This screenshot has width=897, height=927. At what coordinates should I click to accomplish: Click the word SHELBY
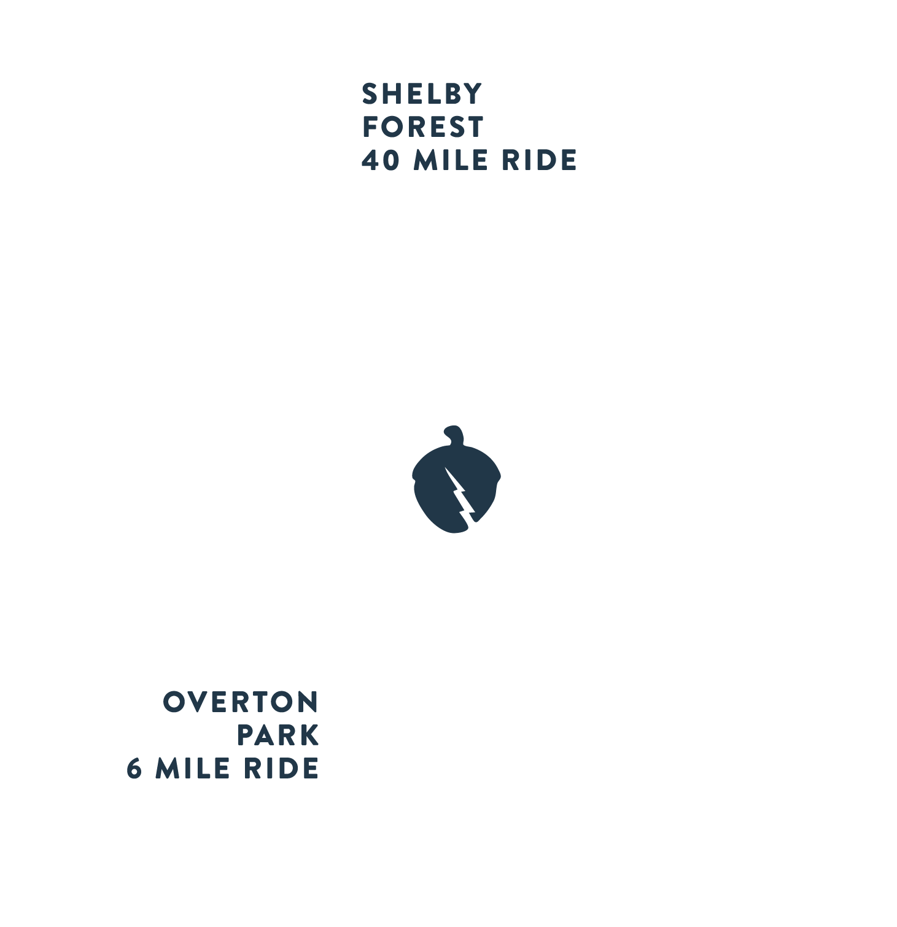point(422,94)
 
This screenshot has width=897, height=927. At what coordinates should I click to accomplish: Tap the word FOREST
point(422,127)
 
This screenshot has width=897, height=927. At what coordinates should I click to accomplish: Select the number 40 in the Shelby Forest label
point(380,160)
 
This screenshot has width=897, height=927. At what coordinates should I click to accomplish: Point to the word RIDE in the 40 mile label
point(540,160)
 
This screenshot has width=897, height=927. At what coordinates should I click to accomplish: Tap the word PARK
point(278,735)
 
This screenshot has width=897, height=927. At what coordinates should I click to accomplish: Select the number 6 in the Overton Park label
point(134,769)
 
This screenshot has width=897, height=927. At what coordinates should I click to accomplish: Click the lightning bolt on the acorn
point(459,494)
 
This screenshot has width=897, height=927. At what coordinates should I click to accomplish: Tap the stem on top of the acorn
point(452,435)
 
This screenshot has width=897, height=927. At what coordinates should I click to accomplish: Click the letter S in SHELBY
point(370,94)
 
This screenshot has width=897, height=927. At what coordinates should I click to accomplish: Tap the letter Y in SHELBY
point(472,94)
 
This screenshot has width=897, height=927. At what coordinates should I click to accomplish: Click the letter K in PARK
point(309,735)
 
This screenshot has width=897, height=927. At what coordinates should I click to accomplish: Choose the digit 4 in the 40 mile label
point(370,160)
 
